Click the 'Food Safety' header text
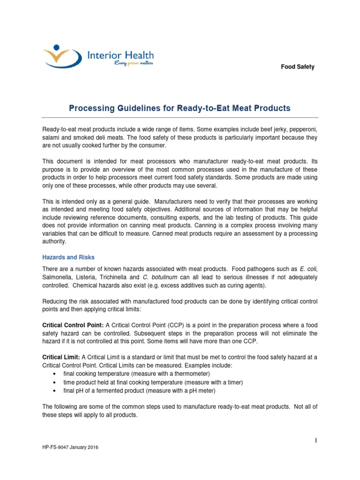[298, 67]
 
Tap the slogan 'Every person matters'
[134, 63]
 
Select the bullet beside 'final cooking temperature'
[56, 374]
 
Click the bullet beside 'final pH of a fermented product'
[56, 390]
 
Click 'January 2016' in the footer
[85, 448]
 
